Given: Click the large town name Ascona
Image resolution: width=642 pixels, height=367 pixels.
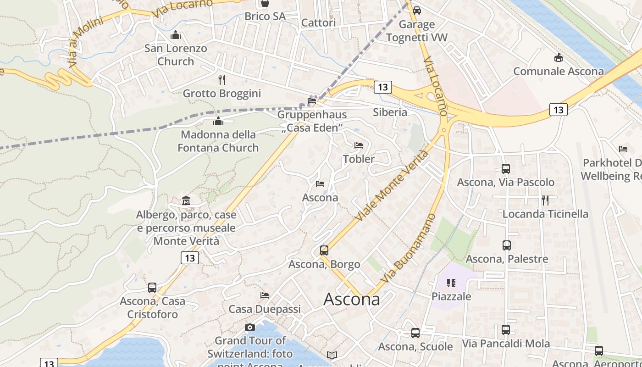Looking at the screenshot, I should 352,300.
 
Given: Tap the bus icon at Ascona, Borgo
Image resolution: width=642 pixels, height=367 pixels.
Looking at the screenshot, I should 324,250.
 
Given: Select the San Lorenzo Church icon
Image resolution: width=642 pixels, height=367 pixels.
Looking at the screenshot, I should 176,35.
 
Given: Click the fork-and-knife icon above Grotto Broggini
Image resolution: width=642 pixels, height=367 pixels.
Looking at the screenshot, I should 222,80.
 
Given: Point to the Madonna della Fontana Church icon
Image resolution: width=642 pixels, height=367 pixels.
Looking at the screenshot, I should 218,121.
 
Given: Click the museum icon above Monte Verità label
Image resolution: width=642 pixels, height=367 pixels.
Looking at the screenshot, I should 186,201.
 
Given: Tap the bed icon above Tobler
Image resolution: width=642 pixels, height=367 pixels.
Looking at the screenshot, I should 359,145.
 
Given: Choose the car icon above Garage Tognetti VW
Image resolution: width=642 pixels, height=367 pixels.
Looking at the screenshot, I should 416,10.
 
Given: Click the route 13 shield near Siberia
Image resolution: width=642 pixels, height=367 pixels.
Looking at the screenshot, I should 382,87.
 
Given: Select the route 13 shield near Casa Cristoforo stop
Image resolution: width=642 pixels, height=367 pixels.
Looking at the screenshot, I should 190,258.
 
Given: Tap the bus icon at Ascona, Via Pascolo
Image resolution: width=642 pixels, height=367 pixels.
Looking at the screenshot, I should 505,169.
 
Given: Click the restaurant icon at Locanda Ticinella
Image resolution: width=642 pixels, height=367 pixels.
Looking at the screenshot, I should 545,200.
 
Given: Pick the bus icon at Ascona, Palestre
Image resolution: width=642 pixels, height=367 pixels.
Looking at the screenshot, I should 506,245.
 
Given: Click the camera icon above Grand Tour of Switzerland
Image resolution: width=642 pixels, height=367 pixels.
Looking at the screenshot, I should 250,327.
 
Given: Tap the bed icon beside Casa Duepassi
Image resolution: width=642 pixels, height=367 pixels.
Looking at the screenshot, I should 265,295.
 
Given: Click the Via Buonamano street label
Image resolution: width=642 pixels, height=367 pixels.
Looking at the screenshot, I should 408,248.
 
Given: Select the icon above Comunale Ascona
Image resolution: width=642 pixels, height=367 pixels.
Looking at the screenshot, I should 558,58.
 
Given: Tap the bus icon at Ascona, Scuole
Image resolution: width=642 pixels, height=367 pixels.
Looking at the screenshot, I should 415,333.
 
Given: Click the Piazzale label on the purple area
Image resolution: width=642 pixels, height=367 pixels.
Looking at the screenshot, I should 451,296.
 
